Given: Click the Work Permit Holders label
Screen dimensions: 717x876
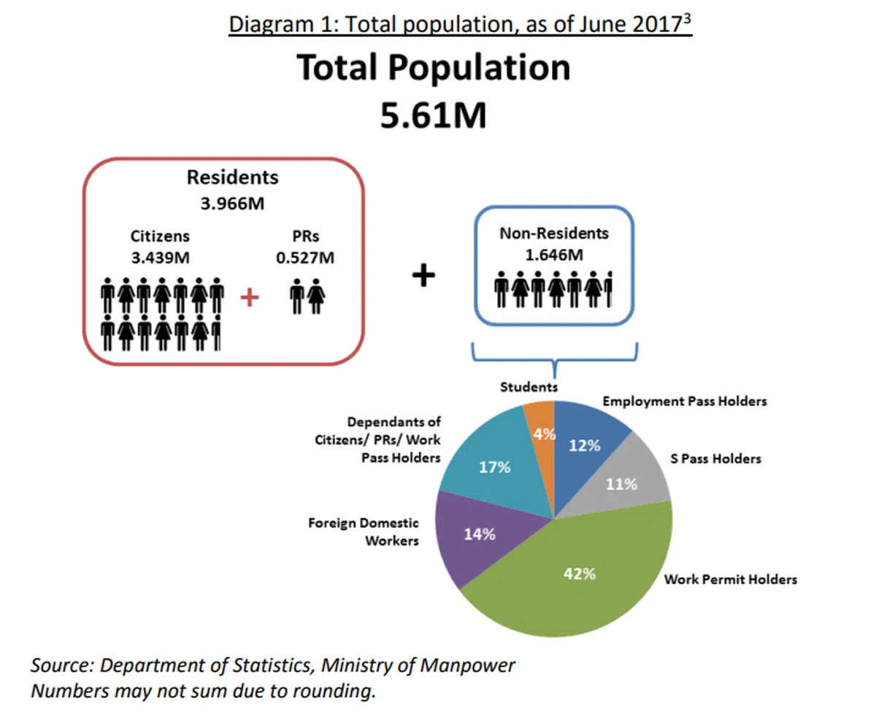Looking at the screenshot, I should coord(730,580).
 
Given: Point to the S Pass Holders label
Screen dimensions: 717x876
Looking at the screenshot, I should coord(715,459).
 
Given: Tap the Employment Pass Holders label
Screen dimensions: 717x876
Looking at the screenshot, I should coord(685,402).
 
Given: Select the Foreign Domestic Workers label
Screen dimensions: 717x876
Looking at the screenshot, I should coord(364,532).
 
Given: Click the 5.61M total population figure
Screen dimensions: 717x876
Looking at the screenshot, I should coord(433,116).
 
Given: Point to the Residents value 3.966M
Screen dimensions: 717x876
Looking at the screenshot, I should coord(232,203).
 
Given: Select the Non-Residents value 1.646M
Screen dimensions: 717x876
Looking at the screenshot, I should coord(553,255).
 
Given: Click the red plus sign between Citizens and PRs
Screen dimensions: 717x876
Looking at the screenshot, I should coord(250,298).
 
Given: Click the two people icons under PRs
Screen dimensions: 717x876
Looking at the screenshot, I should coord(307,298).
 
